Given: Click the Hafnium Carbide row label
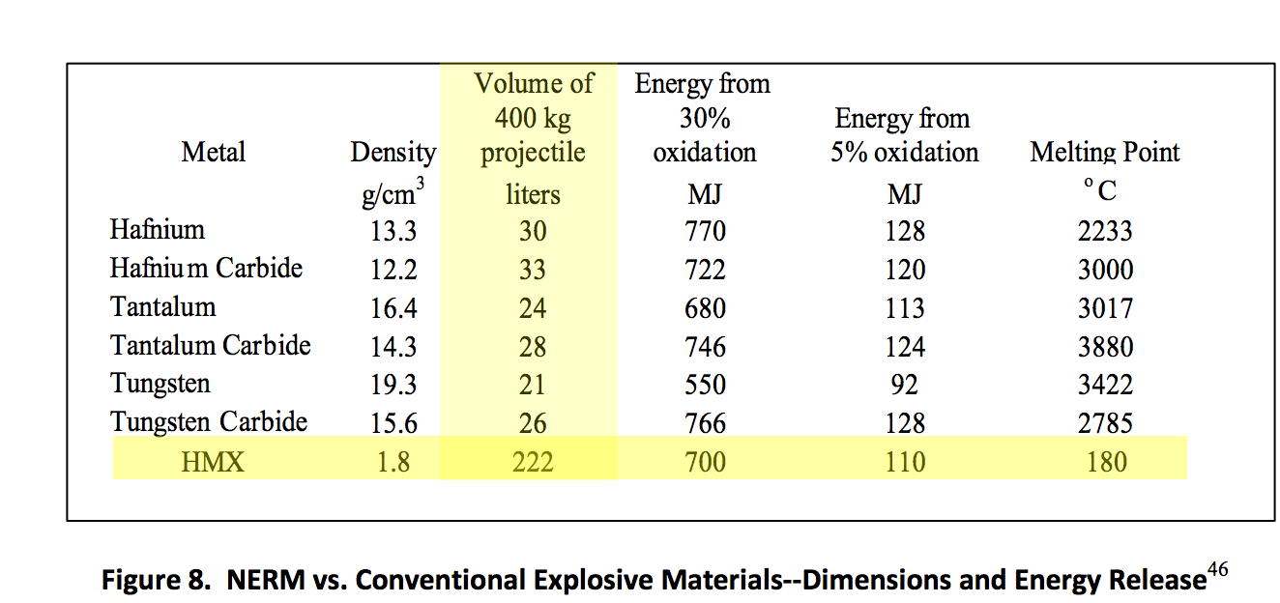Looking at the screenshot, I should point(206,269).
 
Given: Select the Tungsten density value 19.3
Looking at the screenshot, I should point(393,385).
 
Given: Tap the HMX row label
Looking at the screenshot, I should point(213,462).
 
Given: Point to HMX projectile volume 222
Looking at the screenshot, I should point(533,462).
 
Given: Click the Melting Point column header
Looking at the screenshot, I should point(1105,153).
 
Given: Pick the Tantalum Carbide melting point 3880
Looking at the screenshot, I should point(1105,346).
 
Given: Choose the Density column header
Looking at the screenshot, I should point(393,153).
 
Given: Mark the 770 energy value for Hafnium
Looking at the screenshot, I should point(705,231).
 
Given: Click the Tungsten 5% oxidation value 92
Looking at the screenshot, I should point(905,385).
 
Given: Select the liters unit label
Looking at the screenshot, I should point(533,194).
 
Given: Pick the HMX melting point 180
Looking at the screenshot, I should point(1106,462).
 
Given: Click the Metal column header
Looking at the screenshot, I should point(213,153).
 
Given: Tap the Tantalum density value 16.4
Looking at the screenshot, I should point(393,308).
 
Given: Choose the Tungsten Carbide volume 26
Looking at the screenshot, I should point(533,423).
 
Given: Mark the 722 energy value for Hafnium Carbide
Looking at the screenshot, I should point(705,270).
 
